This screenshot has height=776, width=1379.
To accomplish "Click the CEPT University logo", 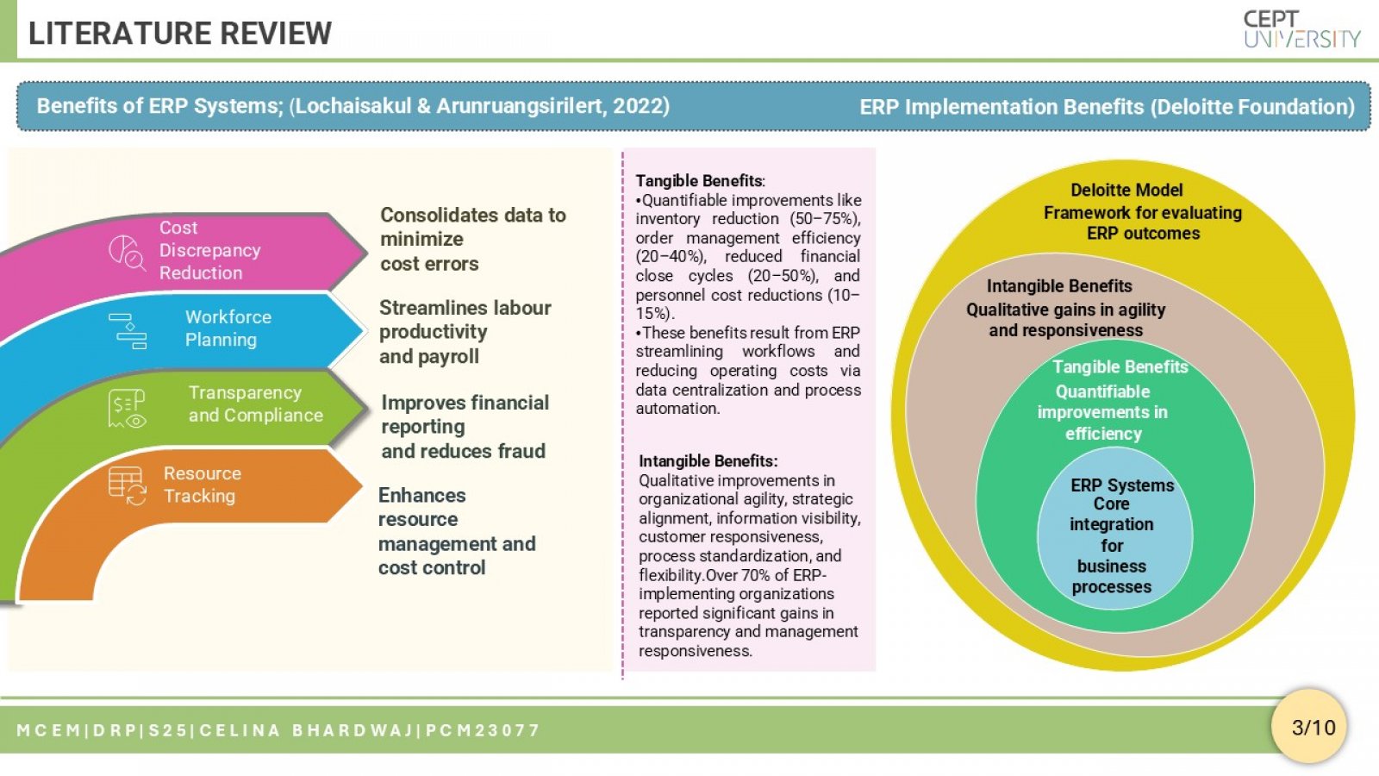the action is (1301, 29).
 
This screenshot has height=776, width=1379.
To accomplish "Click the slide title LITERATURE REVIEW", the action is (180, 34).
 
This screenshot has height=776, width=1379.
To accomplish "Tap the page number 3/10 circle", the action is (1309, 727).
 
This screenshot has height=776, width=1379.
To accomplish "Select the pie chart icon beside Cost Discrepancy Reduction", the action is (127, 253).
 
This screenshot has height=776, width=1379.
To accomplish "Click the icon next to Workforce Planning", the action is (128, 331).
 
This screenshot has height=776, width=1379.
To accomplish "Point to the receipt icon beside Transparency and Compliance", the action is (127, 409).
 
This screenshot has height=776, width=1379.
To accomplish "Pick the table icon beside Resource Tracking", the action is (127, 486).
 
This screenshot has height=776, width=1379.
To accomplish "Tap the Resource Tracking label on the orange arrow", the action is (202, 485).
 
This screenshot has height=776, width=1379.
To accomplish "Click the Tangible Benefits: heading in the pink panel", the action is (700, 181).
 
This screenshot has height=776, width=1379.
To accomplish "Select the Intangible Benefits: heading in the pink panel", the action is (708, 461).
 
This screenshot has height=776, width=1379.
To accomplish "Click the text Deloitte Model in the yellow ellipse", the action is (1126, 191).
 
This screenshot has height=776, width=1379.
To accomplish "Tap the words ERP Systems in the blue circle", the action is (1121, 485).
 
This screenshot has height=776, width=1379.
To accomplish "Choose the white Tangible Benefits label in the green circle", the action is (1120, 367).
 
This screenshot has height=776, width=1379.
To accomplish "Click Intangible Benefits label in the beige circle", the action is (1059, 286).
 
